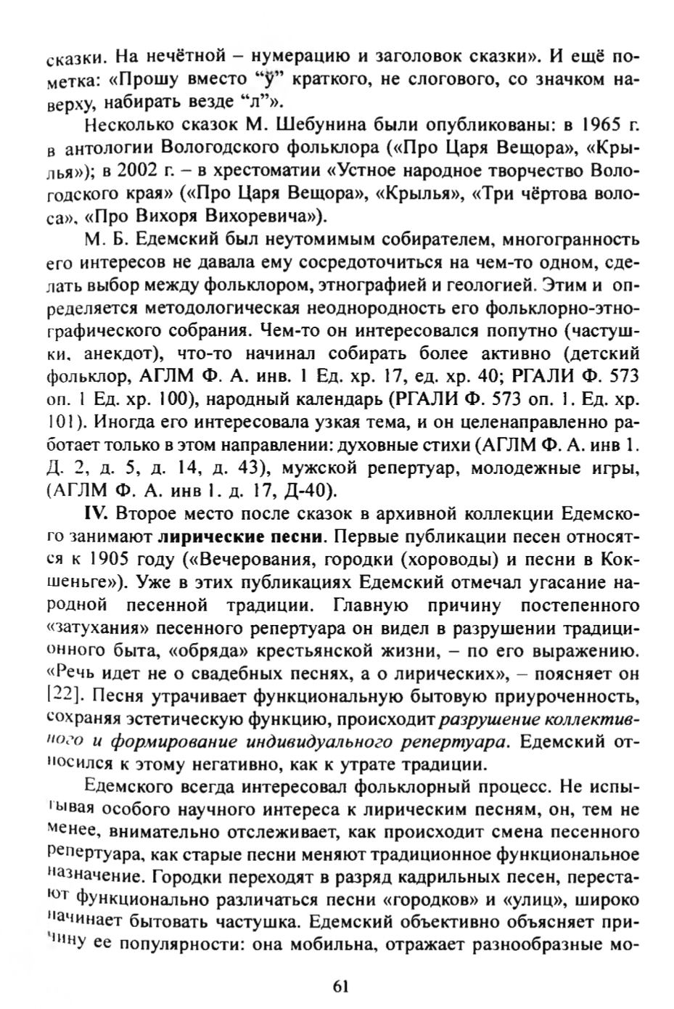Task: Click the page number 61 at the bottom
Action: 341,986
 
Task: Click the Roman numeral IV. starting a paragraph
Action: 96,515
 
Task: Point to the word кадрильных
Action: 420,878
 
